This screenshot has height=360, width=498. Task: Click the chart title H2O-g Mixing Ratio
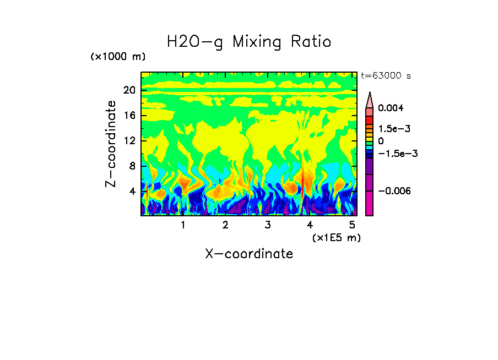click(249, 42)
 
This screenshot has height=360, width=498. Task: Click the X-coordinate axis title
click(249, 254)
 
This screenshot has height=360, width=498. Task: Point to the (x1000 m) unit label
click(117, 57)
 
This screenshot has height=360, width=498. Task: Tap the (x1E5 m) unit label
click(336, 237)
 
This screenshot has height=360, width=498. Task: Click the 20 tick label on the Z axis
click(129, 90)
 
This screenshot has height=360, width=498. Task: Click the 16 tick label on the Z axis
click(129, 116)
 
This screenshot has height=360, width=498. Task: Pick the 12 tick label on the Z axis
click(129, 141)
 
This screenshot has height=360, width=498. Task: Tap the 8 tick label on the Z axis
click(132, 166)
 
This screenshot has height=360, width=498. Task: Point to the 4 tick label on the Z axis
click(132, 191)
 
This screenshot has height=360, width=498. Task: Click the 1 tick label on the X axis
click(183, 225)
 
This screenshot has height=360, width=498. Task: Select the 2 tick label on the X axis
click(225, 225)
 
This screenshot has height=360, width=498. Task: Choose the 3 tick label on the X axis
click(268, 225)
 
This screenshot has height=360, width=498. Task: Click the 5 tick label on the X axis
click(353, 225)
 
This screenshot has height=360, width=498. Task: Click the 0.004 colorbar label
click(391, 108)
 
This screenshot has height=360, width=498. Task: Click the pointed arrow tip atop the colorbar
click(369, 95)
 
